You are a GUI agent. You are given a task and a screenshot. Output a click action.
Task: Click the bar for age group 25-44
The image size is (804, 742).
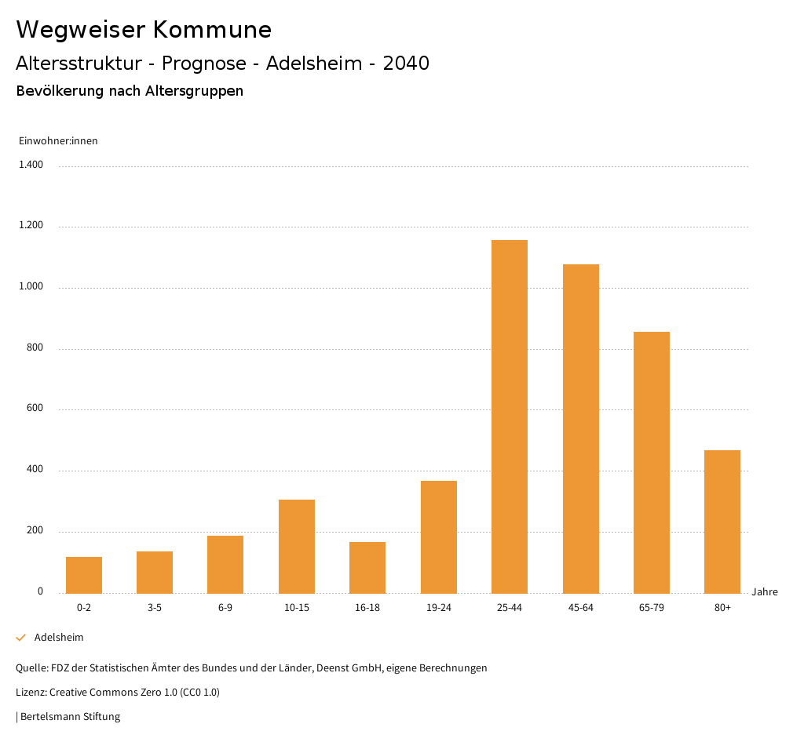[510, 416]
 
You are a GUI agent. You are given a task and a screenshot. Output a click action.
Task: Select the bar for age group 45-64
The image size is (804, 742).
[580, 428]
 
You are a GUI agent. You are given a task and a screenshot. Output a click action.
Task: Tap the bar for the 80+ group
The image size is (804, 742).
[722, 522]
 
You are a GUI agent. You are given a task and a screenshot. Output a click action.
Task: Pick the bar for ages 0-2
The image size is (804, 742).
[84, 575]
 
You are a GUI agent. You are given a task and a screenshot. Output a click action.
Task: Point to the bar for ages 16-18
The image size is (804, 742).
[367, 567]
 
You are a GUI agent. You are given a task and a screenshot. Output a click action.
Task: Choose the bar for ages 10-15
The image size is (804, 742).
[297, 546]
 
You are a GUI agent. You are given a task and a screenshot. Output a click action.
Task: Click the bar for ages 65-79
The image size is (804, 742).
[652, 462]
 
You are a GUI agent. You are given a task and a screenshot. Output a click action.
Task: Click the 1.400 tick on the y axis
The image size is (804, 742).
[31, 165]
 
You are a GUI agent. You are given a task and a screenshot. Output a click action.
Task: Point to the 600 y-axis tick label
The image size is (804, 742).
[35, 409]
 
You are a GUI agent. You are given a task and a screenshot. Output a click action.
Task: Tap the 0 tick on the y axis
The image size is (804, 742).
[40, 591]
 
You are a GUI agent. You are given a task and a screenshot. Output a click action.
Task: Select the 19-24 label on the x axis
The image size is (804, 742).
[438, 608]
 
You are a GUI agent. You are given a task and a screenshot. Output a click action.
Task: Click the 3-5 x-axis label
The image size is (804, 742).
[155, 608]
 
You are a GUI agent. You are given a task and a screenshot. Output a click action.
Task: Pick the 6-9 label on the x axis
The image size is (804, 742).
[225, 608]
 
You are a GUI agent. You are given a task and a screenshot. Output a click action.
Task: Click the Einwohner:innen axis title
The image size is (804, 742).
[58, 141]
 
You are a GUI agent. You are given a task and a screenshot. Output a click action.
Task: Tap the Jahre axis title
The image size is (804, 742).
[765, 591]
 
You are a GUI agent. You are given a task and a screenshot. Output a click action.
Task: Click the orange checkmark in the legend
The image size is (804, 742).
[21, 638]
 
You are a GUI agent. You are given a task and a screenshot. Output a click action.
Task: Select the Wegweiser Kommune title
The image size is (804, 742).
[144, 30]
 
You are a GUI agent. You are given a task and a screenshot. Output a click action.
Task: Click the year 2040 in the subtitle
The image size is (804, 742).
[406, 64]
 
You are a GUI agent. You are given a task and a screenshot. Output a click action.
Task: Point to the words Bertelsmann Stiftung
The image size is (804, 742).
[70, 716]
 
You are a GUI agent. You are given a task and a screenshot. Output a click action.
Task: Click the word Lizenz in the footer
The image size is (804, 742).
[31, 693]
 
